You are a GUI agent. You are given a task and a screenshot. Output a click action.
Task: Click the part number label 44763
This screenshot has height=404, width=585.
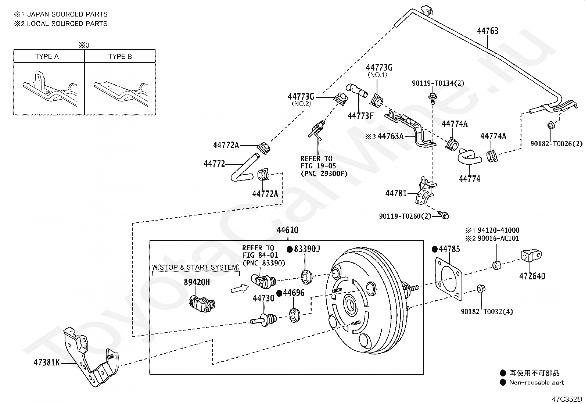[488, 31]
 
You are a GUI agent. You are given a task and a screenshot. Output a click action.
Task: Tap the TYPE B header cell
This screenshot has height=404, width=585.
[120, 56]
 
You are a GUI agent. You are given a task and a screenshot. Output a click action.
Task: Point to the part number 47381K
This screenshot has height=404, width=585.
[47, 362]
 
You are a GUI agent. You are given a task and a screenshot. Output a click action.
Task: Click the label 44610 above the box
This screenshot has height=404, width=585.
[287, 230]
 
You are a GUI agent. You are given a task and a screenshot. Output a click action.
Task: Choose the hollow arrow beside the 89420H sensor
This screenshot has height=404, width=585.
[240, 289]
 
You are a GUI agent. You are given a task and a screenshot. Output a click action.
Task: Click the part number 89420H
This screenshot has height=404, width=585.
[197, 282]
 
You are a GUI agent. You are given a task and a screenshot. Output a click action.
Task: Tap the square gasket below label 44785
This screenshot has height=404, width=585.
[448, 279]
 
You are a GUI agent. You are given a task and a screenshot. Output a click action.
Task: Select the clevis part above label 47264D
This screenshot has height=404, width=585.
[531, 255]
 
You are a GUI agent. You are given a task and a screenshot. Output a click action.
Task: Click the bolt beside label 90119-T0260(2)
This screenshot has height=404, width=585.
[444, 215]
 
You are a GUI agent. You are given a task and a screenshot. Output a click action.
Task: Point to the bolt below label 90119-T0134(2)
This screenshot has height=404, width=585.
[433, 97]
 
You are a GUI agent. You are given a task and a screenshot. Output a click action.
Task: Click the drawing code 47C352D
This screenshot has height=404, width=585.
[567, 399]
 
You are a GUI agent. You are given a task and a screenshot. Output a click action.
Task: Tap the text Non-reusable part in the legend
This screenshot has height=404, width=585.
[536, 383]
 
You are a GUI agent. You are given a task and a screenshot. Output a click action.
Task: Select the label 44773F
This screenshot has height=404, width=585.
[360, 115]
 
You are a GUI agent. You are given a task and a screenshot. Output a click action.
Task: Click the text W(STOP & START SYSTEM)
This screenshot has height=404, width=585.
[196, 267]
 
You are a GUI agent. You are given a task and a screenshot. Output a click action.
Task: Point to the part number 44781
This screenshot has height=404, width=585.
[396, 193]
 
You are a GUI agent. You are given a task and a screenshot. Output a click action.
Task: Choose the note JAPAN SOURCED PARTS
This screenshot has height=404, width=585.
[67, 14]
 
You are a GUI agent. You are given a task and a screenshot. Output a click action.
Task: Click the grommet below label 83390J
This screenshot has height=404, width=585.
[306, 277]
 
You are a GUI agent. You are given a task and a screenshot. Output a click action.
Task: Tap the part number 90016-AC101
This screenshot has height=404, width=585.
[498, 238]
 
